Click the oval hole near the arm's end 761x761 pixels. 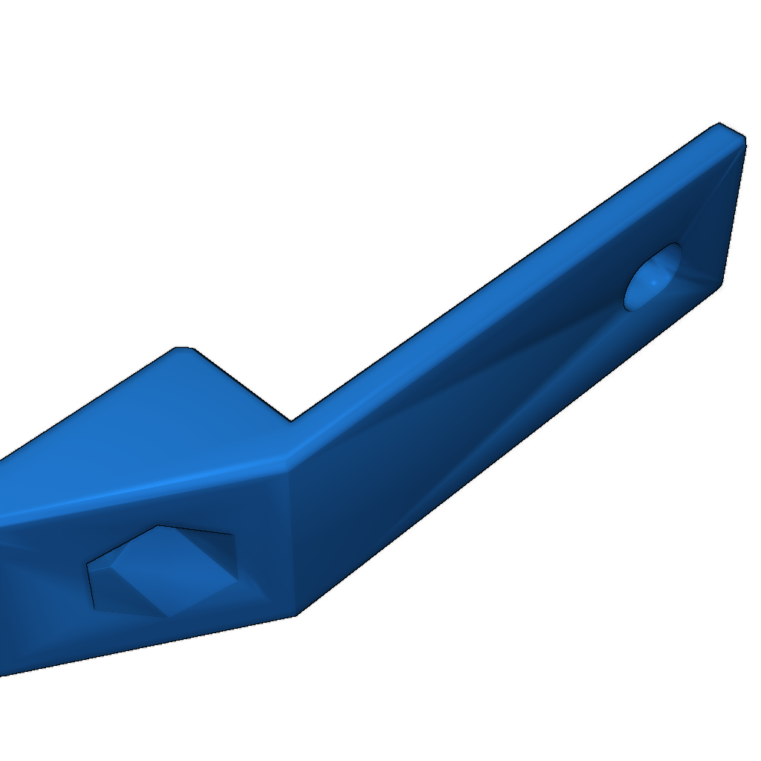[654, 276]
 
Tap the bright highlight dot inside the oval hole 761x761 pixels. [652, 283]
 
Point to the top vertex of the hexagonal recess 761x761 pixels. [158, 526]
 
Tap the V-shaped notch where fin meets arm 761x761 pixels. [291, 420]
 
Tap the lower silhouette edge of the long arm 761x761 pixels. [505, 453]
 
